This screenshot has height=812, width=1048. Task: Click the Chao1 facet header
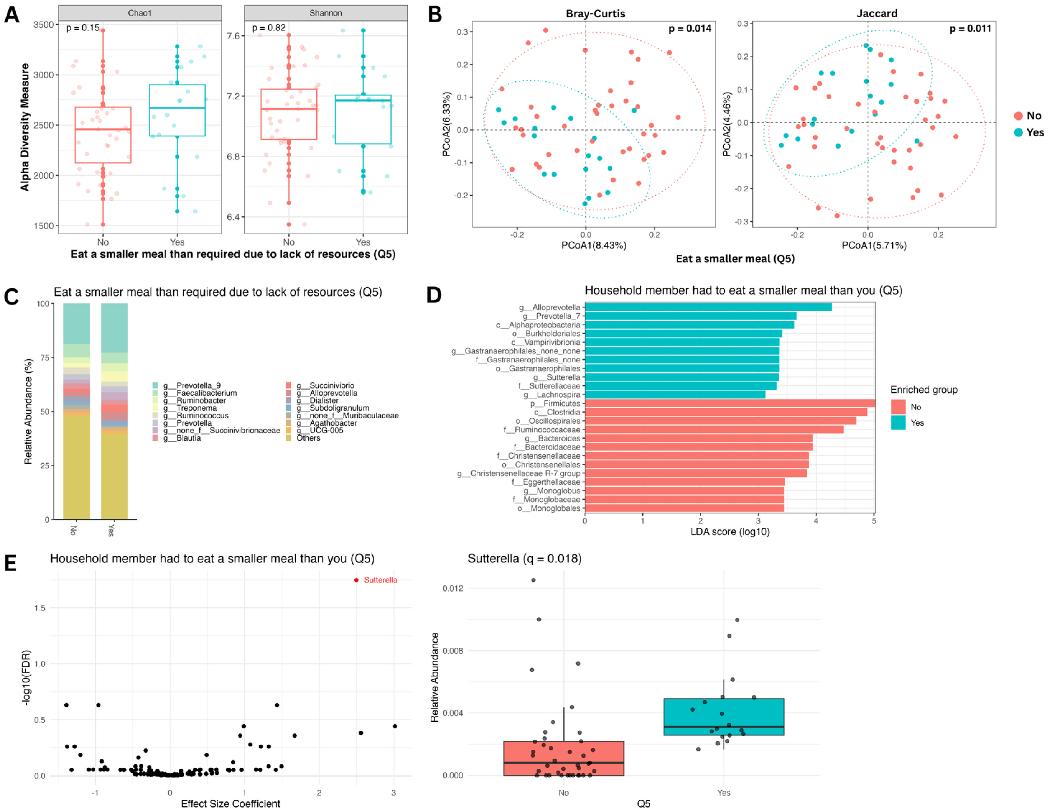point(140,13)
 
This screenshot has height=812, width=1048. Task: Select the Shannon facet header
point(325,13)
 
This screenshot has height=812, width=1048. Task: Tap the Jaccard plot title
point(877,13)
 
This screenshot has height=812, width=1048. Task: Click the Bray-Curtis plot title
point(595,13)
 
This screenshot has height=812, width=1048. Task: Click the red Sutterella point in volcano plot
point(356,580)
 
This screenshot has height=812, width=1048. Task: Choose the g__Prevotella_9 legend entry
point(191,385)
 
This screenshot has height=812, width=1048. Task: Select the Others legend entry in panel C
point(308,438)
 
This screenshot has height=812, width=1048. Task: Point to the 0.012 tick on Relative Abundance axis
point(453,588)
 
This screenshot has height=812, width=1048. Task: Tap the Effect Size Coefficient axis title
point(230,803)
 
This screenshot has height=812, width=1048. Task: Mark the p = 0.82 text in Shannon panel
point(269,28)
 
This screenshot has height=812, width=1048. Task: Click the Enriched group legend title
point(924,390)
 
